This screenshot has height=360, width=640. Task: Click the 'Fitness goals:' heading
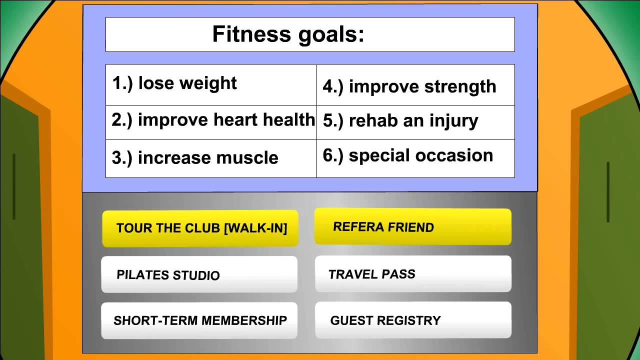[288, 35]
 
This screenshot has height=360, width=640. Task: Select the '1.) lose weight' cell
[211, 85]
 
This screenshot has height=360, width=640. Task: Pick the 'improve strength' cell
[415, 85]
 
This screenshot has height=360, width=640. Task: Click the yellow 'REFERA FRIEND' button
[413, 226]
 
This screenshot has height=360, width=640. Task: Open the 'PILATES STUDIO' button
[199, 274]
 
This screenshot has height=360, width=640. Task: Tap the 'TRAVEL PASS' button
[413, 273]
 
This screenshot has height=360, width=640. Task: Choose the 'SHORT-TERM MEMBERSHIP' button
[199, 320]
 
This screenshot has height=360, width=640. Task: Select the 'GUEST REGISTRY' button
[413, 320]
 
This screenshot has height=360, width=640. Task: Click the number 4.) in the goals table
[333, 87]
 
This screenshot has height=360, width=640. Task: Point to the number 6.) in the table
[333, 156]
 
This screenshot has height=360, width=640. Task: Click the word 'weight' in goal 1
[208, 83]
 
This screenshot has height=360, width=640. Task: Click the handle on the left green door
[14, 186]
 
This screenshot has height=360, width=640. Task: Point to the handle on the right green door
[608, 192]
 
